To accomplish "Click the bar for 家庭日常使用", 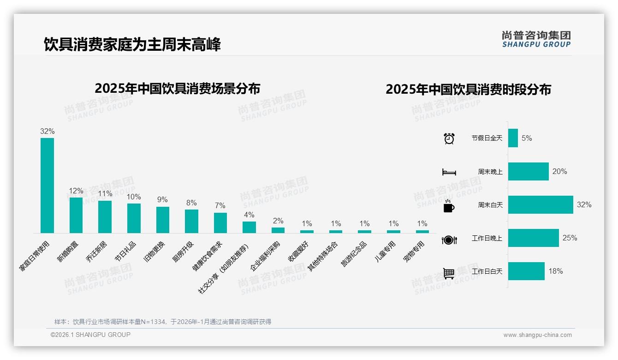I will tap(47, 185).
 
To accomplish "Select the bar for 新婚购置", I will tap(76, 215).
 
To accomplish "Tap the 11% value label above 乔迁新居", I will tap(105, 194).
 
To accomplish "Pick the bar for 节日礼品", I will tap(134, 218).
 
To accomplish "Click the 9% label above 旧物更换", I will tap(162, 200).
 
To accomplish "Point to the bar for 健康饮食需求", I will tap(220, 222).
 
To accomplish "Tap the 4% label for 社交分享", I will tap(249, 215).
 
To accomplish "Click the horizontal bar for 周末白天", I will tap(540, 204).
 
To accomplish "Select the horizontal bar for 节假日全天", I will tap(513, 138).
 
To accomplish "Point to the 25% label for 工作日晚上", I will tap(570, 238).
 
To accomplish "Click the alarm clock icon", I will tap(449, 138).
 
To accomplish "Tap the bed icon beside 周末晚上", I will tap(449, 172).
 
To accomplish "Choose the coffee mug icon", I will tap(449, 206).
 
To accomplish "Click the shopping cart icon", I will tap(449, 273).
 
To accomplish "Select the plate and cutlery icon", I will tap(449, 240).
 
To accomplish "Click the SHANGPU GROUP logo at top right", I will tap(536, 39).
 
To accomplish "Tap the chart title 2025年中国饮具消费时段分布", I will tap(468, 89).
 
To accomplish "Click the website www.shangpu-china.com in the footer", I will tap(537, 335).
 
